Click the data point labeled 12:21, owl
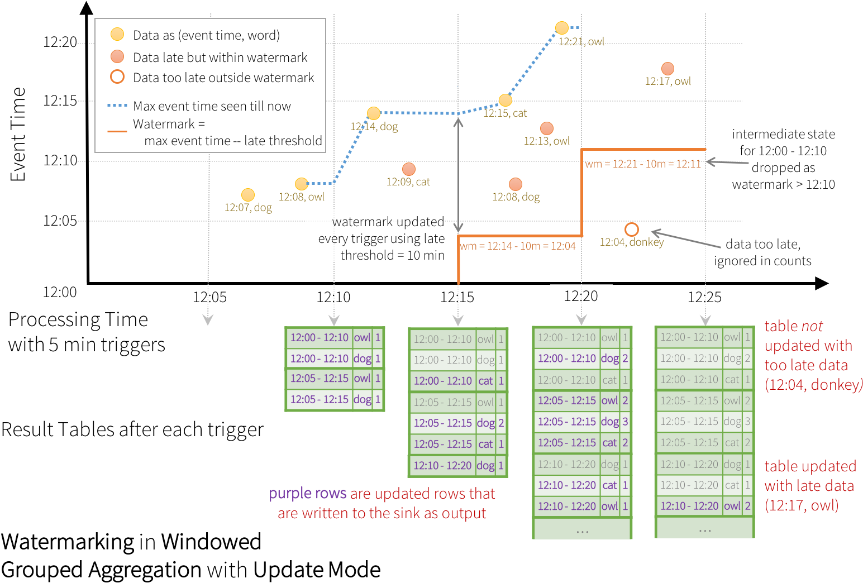561,28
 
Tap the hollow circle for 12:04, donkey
631,230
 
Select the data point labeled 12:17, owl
667,69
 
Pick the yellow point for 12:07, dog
247,195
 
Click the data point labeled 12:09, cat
408,169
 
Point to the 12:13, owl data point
547,128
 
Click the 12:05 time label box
210,297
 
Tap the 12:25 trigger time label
704,297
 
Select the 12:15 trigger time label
457,297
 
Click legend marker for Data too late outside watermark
117,77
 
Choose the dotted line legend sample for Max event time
117,105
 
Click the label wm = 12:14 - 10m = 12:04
517,246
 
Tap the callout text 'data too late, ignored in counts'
762,252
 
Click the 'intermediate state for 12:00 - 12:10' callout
783,159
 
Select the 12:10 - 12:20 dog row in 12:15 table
457,465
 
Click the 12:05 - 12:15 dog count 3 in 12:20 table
625,422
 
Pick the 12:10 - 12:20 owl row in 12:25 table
704,506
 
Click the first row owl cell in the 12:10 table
362,337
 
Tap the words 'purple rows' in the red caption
307,494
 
